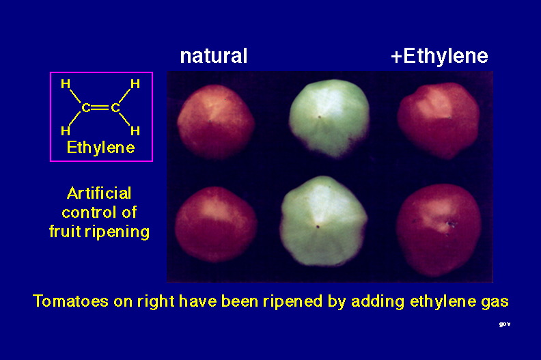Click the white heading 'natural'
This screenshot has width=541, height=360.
click(x=214, y=55)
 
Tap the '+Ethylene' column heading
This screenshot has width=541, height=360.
click(x=440, y=55)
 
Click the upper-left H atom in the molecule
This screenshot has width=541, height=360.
click(x=66, y=84)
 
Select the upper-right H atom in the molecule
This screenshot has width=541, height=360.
click(x=135, y=84)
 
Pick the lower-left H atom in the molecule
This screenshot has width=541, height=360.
click(x=66, y=130)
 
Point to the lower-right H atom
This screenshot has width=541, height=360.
click(x=135, y=130)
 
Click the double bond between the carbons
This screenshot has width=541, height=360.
click(x=100, y=108)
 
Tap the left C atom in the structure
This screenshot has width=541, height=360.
click(x=86, y=108)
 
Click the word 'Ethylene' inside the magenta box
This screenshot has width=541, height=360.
click(x=100, y=148)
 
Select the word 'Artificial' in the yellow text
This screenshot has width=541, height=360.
click(x=99, y=193)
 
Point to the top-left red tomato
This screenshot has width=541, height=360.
click(x=216, y=122)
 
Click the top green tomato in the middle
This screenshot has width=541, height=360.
click(x=329, y=118)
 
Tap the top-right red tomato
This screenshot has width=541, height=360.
click(x=438, y=121)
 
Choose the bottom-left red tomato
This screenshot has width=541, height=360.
click(x=216, y=224)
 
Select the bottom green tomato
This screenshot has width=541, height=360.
click(x=324, y=221)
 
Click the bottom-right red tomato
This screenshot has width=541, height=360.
click(x=439, y=230)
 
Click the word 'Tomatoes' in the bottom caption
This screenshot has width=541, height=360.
click(x=70, y=301)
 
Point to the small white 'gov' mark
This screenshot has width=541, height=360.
click(x=505, y=324)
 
